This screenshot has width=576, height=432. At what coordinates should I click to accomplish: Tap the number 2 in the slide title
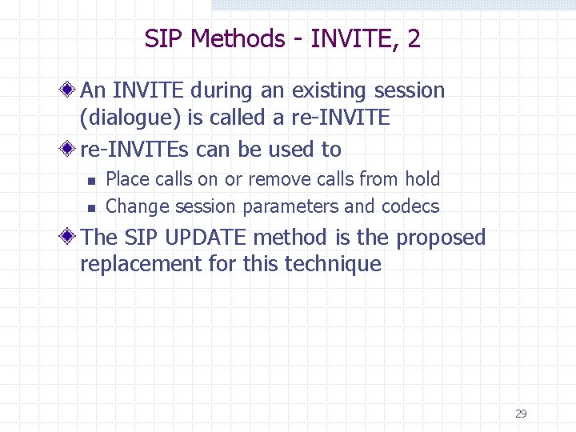click(x=414, y=38)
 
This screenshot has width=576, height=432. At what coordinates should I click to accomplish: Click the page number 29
click(x=521, y=414)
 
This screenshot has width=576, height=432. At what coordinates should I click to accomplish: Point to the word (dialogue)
click(x=130, y=118)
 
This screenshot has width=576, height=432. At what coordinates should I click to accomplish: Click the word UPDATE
click(x=202, y=238)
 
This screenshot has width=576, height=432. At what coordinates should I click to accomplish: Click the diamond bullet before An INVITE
click(x=71, y=90)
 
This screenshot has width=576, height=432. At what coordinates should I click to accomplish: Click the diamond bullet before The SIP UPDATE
click(x=71, y=238)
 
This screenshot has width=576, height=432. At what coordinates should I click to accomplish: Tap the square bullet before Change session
click(x=91, y=208)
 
